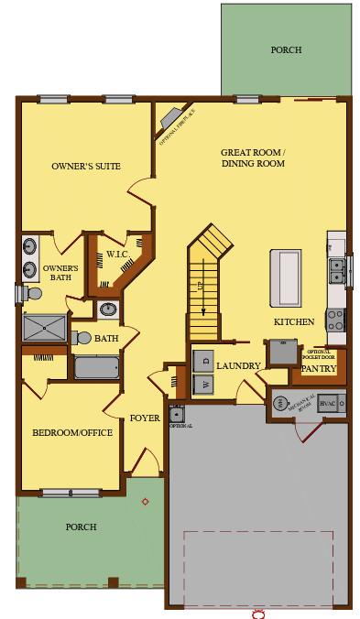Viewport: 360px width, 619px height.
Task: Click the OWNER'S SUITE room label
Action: coord(86,167)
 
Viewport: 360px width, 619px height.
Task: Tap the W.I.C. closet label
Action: coord(116,255)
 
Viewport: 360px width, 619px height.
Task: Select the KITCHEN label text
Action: coord(294,322)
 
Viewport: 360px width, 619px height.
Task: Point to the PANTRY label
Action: coord(319,369)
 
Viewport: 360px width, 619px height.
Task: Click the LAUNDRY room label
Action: coord(238,365)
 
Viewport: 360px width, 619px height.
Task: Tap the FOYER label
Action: coord(145,418)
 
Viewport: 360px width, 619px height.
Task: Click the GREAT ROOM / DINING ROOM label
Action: coord(253,157)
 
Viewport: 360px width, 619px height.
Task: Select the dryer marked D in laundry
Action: coord(203,360)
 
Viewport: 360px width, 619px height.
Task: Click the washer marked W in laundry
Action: coord(203,384)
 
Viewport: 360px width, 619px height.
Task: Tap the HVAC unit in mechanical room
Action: coord(330,403)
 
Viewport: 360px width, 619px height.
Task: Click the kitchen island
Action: coord(285,277)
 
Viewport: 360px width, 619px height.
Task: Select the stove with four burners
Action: coord(335,320)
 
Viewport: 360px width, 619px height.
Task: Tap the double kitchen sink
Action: coord(336,271)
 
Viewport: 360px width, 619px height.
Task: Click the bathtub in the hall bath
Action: coord(96,368)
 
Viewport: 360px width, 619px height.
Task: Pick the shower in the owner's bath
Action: coord(44,328)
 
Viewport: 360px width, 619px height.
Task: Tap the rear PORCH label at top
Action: coord(286,50)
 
